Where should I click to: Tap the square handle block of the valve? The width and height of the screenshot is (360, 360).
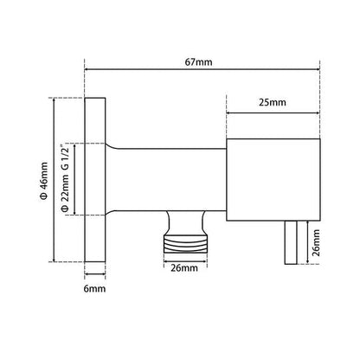(270, 179)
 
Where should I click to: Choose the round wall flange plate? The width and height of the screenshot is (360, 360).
(94, 179)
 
